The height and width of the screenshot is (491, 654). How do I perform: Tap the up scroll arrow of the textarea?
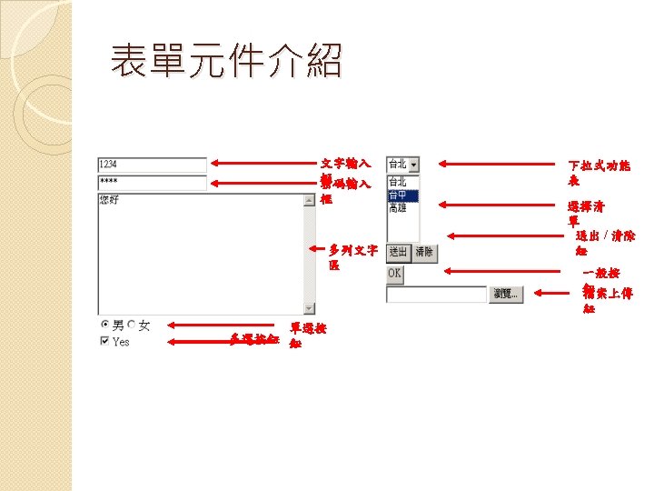[x=310, y=200]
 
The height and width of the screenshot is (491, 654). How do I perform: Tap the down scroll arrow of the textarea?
[x=310, y=308]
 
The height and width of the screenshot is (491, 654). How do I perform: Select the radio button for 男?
[x=104, y=325]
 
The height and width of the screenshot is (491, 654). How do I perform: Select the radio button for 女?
[x=132, y=325]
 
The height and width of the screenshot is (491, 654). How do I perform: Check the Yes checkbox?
[x=104, y=342]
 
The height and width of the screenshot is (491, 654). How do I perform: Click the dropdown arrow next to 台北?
[x=413, y=165]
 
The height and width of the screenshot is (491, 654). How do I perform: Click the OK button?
[x=394, y=273]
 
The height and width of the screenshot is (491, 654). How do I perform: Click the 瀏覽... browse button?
[x=507, y=294]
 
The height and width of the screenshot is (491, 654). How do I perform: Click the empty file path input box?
[x=436, y=294]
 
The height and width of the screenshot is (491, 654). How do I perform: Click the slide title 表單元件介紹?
[x=226, y=63]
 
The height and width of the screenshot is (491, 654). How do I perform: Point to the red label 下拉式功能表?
[x=599, y=173]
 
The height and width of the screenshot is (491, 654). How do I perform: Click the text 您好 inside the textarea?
[x=109, y=198]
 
